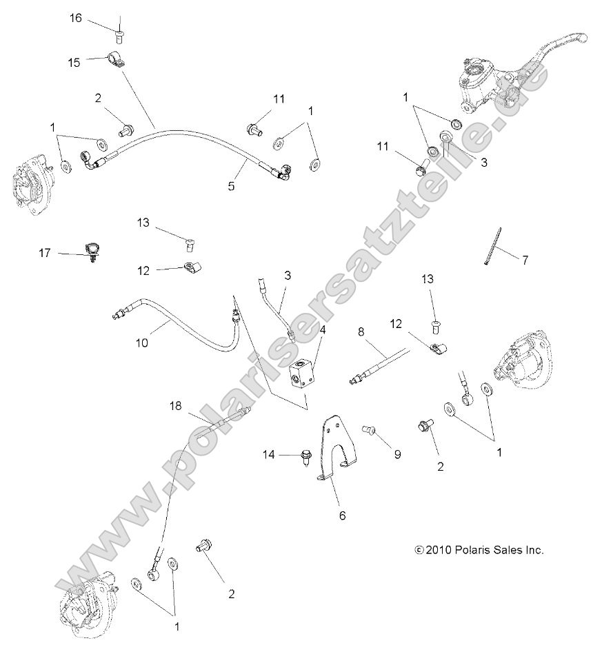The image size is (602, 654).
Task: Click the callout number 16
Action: click(75, 18)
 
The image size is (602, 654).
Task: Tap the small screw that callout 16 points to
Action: click(120, 29)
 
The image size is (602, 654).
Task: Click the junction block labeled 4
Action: click(303, 375)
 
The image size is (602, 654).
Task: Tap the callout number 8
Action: click(360, 331)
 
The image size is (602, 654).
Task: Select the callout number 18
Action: click(176, 407)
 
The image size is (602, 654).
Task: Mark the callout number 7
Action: click(525, 260)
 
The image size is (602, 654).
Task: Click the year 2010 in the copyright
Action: click(439, 550)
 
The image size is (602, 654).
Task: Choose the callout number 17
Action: click(45, 253)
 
